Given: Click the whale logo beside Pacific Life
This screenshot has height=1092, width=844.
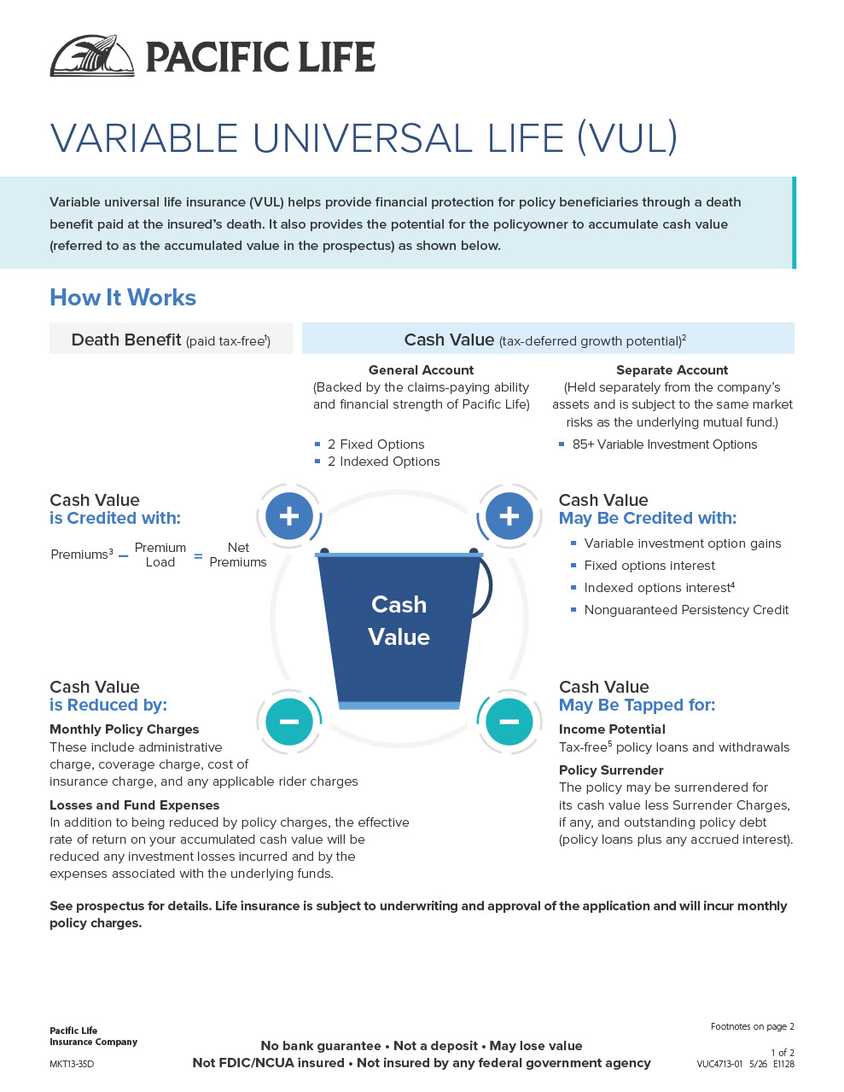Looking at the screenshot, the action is (92, 55).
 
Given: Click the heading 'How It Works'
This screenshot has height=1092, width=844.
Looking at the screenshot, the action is (123, 298).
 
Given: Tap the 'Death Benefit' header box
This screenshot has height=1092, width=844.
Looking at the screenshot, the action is (172, 338).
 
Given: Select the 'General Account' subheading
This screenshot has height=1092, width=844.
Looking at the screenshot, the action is (422, 370).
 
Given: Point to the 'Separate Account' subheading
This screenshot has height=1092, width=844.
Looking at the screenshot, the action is (672, 370).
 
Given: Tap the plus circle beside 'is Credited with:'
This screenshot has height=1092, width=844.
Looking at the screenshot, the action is (289, 516).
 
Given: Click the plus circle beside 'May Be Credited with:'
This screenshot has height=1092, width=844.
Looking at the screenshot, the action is (509, 516).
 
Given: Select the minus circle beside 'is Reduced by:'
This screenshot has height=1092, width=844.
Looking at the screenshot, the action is (289, 722).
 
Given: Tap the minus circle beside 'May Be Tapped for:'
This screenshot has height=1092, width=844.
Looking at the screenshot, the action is (509, 722).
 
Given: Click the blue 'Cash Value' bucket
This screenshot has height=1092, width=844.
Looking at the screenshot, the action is (399, 628).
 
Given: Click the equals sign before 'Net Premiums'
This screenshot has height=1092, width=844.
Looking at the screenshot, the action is (199, 555).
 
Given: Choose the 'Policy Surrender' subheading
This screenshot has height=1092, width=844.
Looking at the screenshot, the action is (611, 770).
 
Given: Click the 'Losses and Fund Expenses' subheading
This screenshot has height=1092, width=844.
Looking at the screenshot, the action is (134, 805).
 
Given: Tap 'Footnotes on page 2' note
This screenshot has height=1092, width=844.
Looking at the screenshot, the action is (752, 1026).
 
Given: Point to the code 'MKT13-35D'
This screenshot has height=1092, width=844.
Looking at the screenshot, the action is (72, 1064).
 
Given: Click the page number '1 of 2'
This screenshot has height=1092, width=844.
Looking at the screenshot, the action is (783, 1052).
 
